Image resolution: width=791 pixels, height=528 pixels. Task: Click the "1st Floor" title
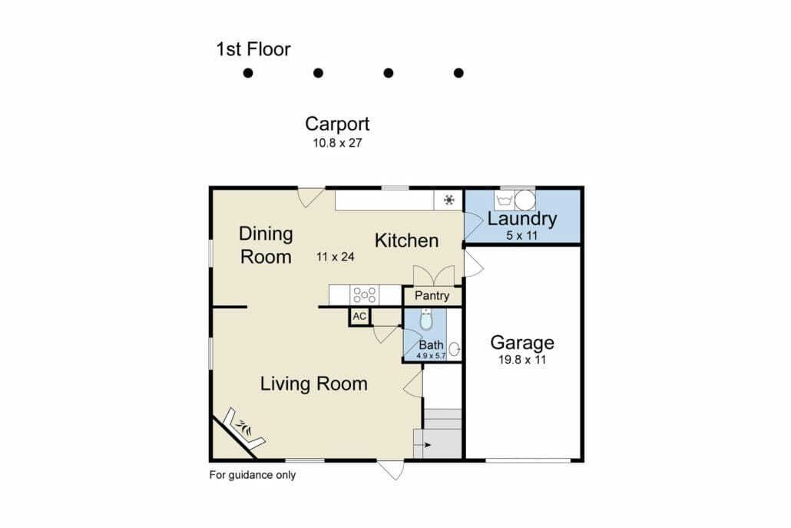coord(253,49)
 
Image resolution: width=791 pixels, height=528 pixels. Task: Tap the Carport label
coord(337,125)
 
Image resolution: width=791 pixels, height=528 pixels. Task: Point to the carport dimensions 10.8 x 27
coord(337,143)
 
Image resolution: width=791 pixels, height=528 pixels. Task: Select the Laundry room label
coord(522,218)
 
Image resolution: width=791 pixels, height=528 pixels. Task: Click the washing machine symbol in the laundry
coord(505,201)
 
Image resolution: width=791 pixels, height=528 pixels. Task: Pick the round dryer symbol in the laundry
coord(525,201)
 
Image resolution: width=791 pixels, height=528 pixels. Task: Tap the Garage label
coord(522,343)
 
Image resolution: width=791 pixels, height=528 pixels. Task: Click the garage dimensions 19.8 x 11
coord(522,360)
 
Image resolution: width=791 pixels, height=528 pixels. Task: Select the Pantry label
coord(432,296)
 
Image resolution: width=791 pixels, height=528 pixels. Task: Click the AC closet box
coord(359,317)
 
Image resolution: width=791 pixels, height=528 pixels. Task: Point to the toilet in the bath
coord(426,319)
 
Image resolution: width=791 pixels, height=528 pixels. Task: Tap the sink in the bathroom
coord(454,349)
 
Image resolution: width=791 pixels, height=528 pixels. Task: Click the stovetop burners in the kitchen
coord(365,295)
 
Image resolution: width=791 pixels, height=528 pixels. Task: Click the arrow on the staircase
coord(427,445)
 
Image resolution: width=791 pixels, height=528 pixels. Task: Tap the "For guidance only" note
coord(252,475)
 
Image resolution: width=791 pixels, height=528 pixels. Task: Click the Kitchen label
coord(406,241)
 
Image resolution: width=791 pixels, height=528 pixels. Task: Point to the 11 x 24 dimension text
coord(336,257)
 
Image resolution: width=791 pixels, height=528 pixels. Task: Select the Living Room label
coord(314,384)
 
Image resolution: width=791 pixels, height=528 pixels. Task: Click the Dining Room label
coord(266,245)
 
